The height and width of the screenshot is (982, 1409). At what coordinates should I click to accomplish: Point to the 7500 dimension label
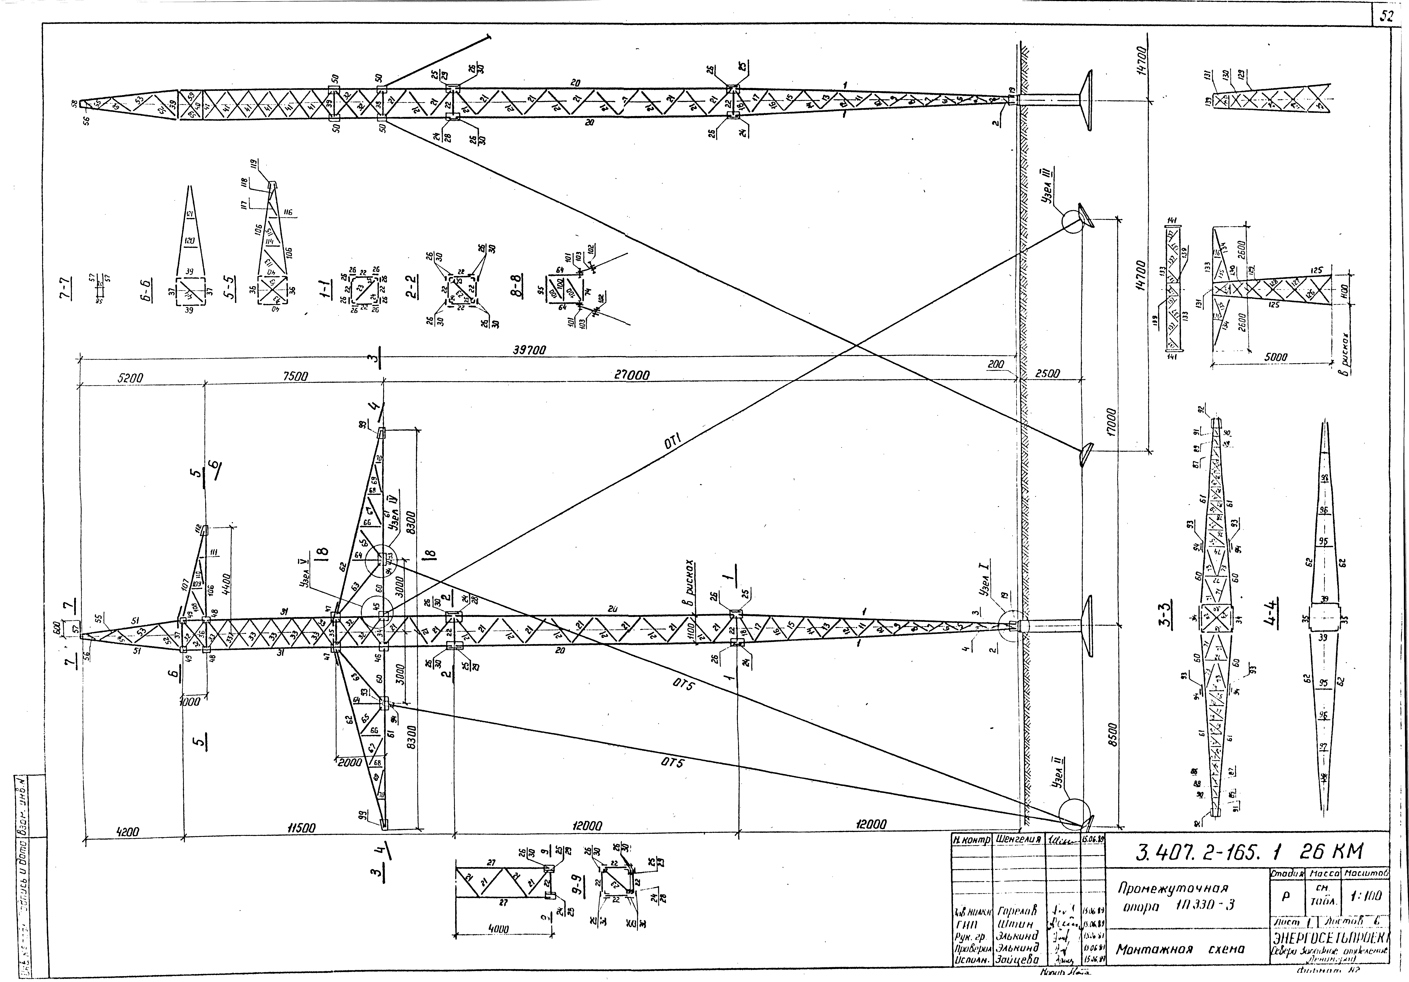coord(295,376)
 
